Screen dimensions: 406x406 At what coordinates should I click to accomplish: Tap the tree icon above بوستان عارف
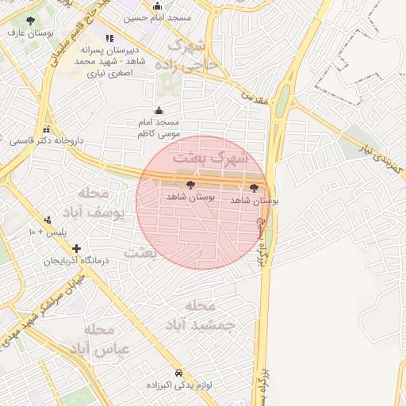pos(30,21)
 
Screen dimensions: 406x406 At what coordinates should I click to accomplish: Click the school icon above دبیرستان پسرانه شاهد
pos(109,38)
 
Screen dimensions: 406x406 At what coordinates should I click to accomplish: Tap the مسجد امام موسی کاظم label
pos(157,128)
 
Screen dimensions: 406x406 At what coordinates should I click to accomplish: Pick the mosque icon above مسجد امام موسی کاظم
pos(158,111)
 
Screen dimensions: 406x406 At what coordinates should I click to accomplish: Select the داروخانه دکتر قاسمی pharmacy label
pos(46,141)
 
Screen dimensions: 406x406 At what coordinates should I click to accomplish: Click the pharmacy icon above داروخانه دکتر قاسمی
pos(46,129)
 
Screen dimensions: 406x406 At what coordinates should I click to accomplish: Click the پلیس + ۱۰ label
pos(48,232)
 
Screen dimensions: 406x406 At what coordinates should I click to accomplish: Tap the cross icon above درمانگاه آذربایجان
pos(76,248)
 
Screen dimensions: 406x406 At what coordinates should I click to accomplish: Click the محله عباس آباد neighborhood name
pos(98,339)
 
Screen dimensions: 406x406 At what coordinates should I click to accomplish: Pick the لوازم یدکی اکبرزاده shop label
pos(177,385)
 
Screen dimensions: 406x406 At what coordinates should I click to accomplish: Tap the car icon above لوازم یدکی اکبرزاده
pos(178,372)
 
